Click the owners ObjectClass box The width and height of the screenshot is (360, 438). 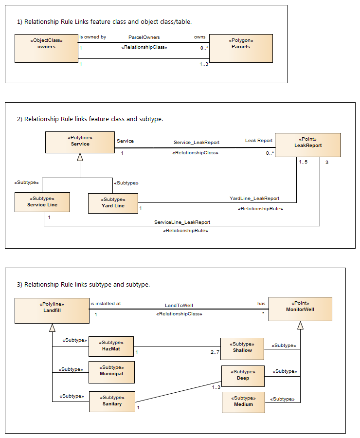click(x=46, y=48)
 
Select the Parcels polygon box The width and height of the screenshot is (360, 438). click(x=241, y=48)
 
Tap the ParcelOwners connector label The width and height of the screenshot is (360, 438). click(x=144, y=37)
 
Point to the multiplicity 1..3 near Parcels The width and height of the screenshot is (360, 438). click(x=204, y=64)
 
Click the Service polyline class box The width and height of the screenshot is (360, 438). click(x=80, y=143)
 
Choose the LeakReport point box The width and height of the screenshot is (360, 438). click(x=307, y=144)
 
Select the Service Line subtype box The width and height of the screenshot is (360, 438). click(x=42, y=202)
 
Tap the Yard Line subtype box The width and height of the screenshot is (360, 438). click(x=113, y=203)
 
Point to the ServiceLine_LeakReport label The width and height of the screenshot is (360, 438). click(x=182, y=222)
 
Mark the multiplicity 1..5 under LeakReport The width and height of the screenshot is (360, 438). click(x=302, y=162)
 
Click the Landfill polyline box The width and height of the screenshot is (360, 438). click(x=52, y=310)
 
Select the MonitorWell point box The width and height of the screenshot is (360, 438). click(x=300, y=309)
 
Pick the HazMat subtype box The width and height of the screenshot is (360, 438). click(x=111, y=347)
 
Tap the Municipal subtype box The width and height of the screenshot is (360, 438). click(x=111, y=372)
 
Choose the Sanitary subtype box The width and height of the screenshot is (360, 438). click(x=112, y=401)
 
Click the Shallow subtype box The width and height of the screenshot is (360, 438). click(x=242, y=348)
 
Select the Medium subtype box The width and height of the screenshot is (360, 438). click(x=243, y=402)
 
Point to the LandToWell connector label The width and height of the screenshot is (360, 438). click(x=179, y=306)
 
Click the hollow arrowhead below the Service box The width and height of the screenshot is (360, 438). click(x=80, y=157)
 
